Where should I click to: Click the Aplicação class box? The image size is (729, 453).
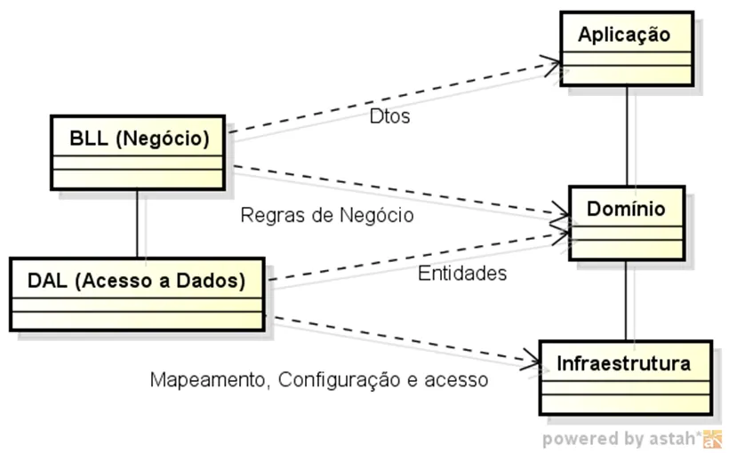click(625, 48)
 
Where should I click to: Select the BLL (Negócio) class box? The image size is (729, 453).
click(138, 152)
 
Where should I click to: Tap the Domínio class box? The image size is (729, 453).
click(626, 222)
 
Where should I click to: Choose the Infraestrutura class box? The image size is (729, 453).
click(624, 376)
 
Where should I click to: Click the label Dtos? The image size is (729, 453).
click(389, 116)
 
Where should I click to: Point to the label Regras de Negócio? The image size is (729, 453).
click(327, 215)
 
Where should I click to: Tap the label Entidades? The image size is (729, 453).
click(462, 274)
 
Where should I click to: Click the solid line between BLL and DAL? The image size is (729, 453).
click(137, 224)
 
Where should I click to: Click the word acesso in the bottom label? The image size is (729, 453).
click(456, 380)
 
